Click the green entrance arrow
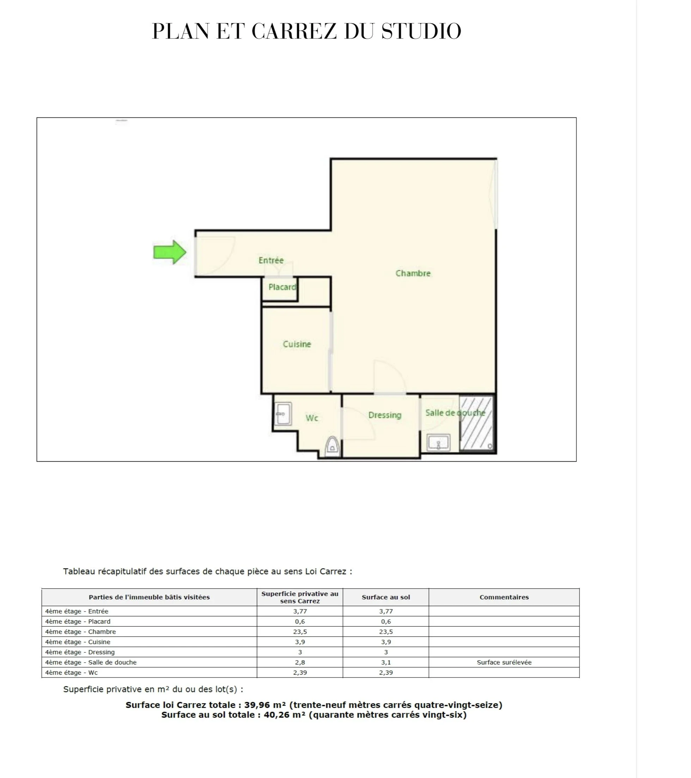coord(170,252)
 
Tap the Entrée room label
coord(271,260)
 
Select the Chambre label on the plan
coord(413,273)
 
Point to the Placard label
coord(282,287)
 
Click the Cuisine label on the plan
coord(297,344)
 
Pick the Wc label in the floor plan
coord(312,418)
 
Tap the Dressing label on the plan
coord(385,415)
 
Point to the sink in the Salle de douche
coord(438,443)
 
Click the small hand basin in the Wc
coord(283,413)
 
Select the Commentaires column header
coord(504,597)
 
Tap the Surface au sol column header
coord(386,597)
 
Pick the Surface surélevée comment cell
coord(504,662)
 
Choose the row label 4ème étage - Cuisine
coord(78,642)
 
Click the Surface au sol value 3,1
coord(386,663)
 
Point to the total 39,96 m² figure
coord(265,705)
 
